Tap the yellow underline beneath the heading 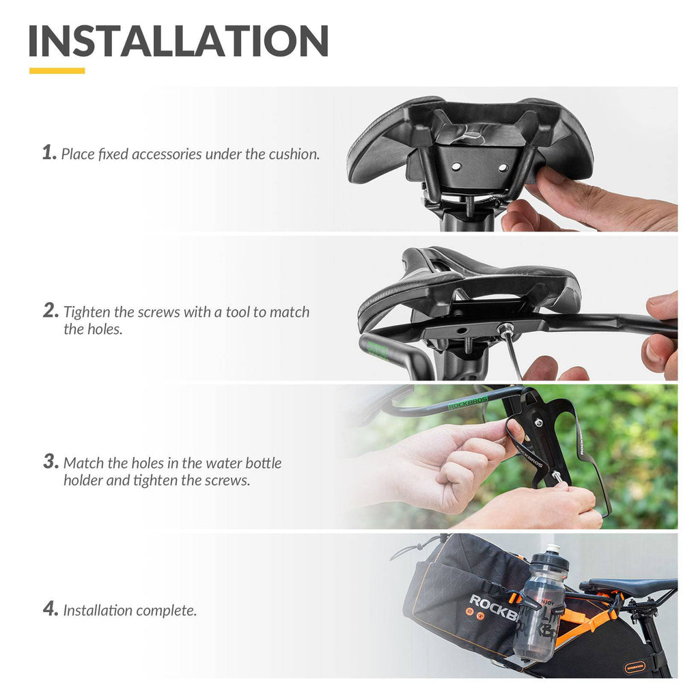[x=57, y=70]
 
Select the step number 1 [x=50, y=152]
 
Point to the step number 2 [x=51, y=311]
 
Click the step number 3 [x=51, y=461]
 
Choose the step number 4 [x=51, y=609]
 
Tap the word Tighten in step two [x=87, y=312]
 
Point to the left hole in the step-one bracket [x=456, y=167]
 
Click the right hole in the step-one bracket [x=503, y=167]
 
